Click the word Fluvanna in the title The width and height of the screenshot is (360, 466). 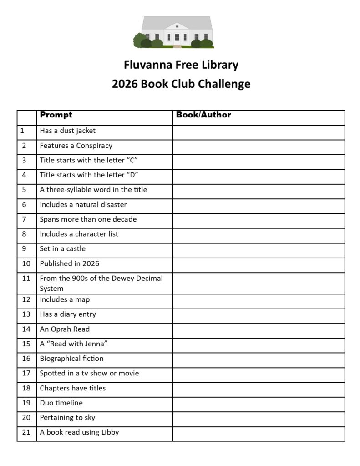147,65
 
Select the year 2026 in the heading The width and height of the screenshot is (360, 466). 125,84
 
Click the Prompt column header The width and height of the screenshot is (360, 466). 56,115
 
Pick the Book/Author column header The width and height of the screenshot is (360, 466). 203,115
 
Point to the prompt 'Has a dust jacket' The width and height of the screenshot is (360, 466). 68,131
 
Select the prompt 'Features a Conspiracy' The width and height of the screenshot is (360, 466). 76,146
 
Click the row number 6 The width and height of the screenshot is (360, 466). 24,205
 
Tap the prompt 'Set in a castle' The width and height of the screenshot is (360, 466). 63,249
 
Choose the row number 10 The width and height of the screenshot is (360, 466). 26,264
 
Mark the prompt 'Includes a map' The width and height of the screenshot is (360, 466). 65,300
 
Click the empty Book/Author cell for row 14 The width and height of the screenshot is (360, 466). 259,329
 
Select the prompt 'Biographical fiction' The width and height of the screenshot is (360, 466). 72,359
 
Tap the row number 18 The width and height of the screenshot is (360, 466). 26,388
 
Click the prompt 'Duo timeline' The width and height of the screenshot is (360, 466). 61,403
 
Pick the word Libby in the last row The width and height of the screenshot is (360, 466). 109,432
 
